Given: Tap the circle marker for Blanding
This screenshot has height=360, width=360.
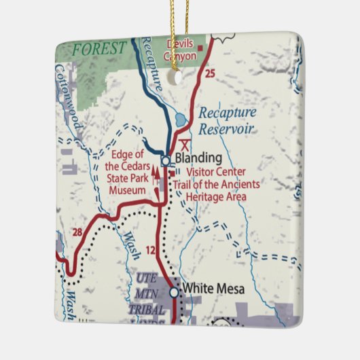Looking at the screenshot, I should tap(166, 161).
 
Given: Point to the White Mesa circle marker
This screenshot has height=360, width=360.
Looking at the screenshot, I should tap(174, 292).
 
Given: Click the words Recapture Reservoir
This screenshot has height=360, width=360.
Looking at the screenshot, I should tap(226, 120).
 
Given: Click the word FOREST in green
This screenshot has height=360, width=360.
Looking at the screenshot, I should tap(99, 49).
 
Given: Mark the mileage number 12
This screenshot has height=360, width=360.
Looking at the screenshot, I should tap(151, 251).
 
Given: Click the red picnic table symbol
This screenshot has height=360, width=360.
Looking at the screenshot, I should tap(185, 144).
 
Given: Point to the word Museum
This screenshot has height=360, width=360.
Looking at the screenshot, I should tap(128, 190).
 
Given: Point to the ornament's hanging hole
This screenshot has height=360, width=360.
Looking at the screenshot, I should tap(179, 77).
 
